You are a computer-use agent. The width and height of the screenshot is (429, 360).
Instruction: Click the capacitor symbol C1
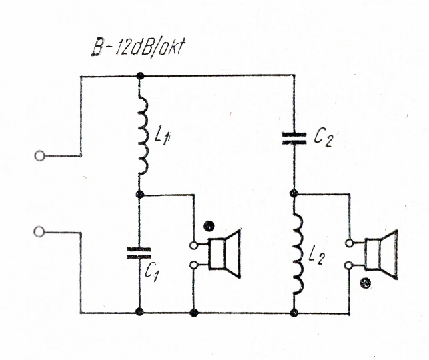[139, 252]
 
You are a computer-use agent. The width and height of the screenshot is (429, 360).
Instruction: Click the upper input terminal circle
[40, 156]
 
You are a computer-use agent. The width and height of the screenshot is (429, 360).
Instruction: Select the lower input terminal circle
[40, 231]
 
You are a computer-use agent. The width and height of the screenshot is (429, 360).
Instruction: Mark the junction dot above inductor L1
[139, 76]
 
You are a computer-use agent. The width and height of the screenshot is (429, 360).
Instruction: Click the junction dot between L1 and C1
[139, 194]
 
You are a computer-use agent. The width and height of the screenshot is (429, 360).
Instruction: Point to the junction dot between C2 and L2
[294, 193]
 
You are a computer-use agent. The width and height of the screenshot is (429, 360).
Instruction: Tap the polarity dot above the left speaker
[208, 227]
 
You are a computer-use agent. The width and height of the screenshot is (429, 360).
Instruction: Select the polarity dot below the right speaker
[364, 282]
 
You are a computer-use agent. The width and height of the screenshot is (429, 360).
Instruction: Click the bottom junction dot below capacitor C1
[139, 312]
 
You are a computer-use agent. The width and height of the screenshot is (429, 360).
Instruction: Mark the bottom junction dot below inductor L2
[294, 312]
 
